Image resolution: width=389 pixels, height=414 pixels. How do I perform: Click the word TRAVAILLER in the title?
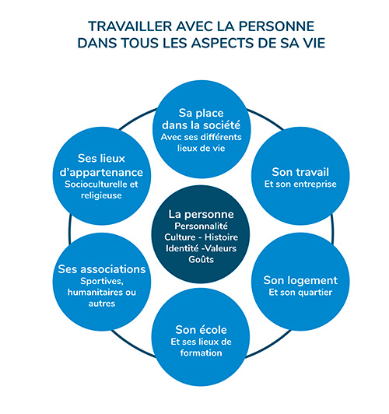click(x=130, y=26)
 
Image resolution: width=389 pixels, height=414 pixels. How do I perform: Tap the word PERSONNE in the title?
click(x=276, y=26)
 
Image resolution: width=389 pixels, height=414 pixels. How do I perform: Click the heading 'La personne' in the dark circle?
click(x=201, y=214)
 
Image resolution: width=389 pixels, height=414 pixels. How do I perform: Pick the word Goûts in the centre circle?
click(x=201, y=259)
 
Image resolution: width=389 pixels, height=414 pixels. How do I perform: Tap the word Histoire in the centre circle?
click(x=221, y=237)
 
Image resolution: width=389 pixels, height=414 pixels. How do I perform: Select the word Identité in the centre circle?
click(x=182, y=248)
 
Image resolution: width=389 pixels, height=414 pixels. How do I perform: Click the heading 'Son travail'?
click(x=300, y=172)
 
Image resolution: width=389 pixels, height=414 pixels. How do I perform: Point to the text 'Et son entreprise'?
click(x=300, y=184)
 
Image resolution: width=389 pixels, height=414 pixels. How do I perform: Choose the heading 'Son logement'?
click(x=300, y=280)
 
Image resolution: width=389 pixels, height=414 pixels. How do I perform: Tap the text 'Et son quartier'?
click(x=300, y=293)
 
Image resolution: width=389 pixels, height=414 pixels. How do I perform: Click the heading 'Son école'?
click(x=201, y=329)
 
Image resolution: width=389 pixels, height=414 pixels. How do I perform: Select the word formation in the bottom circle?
click(x=201, y=353)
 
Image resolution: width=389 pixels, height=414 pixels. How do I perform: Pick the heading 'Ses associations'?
click(x=102, y=269)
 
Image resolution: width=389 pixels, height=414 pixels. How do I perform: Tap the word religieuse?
click(x=101, y=195)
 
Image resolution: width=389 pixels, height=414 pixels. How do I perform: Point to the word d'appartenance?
click(x=101, y=173)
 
